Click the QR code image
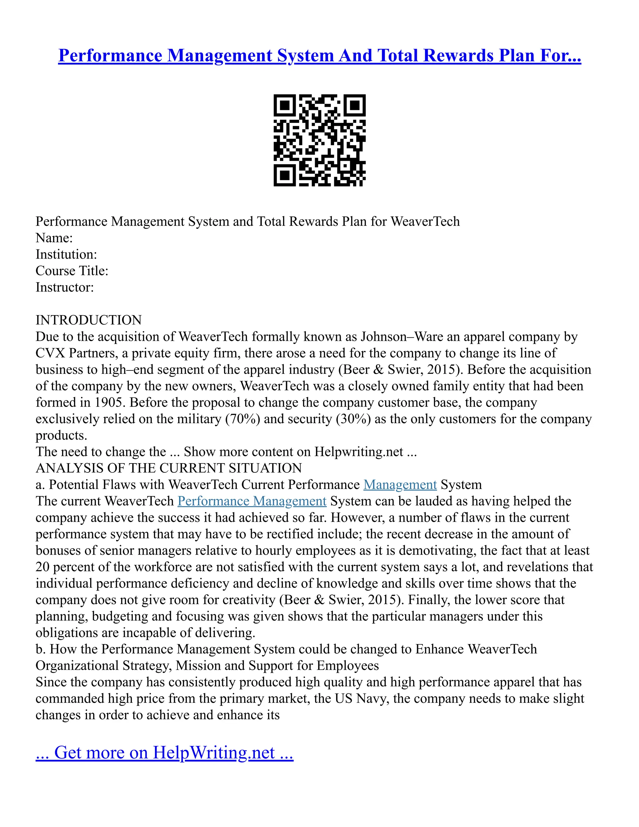pos(319,140)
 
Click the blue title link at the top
pos(319,56)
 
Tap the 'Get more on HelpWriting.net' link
pos(164,752)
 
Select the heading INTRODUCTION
pos(89,320)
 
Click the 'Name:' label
pos(54,238)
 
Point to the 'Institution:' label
pos(66,254)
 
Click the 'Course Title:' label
pos(72,271)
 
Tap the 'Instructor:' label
pos(65,287)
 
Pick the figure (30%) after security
pos(353,419)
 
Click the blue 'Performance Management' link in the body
pos(252,501)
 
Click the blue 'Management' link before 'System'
pos(400,485)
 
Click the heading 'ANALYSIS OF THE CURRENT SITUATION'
pos(168,468)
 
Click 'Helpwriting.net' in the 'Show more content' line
pos(359,452)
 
